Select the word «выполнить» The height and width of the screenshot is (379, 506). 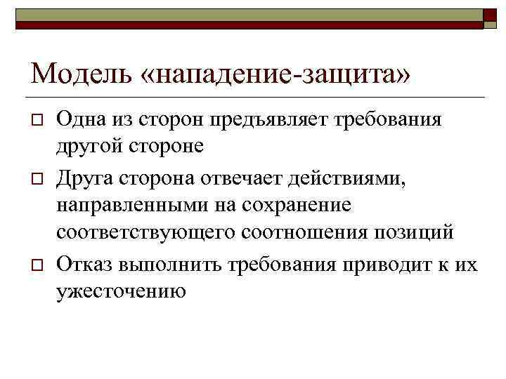pyautogui.click(x=167, y=265)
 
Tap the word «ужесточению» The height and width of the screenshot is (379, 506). pyautogui.click(x=122, y=291)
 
